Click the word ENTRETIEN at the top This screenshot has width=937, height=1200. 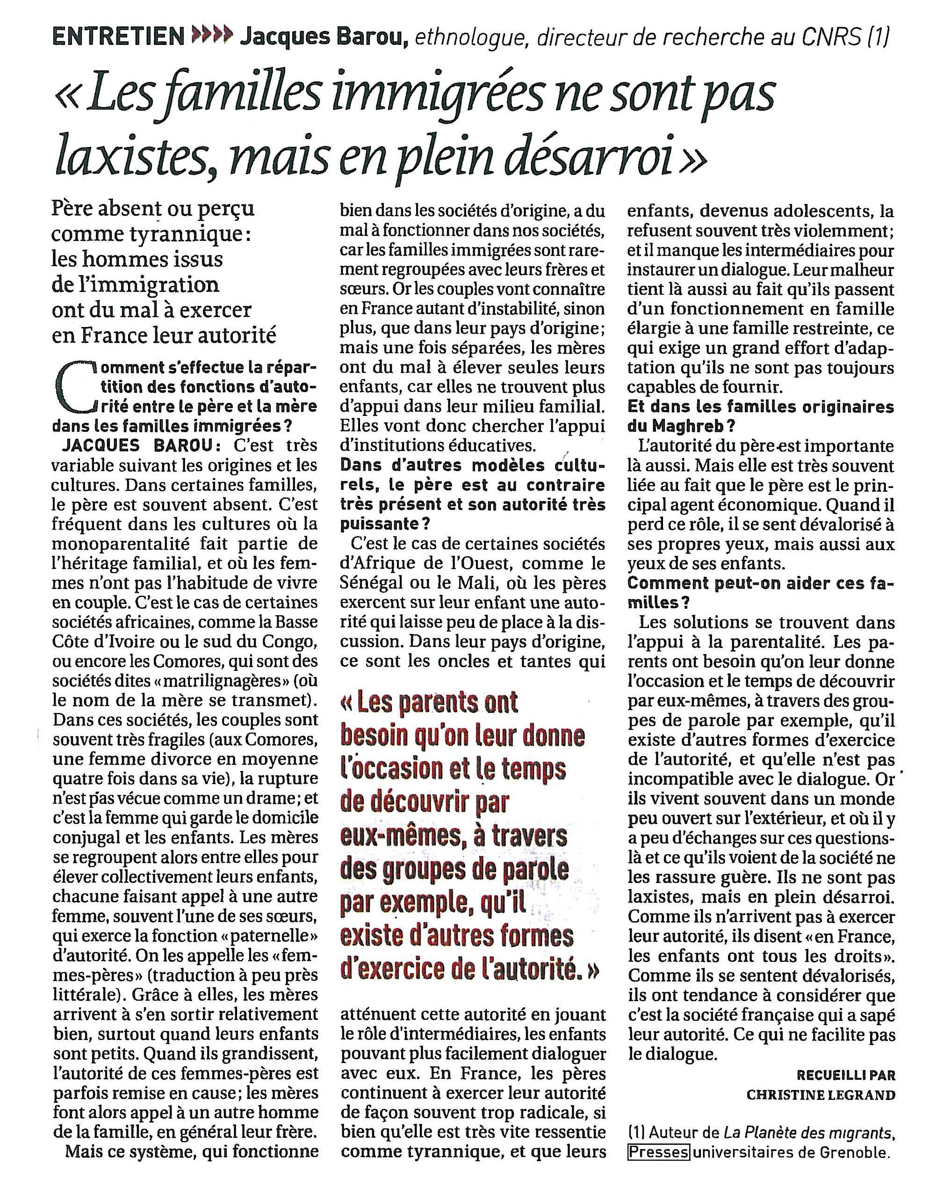pos(118,37)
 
